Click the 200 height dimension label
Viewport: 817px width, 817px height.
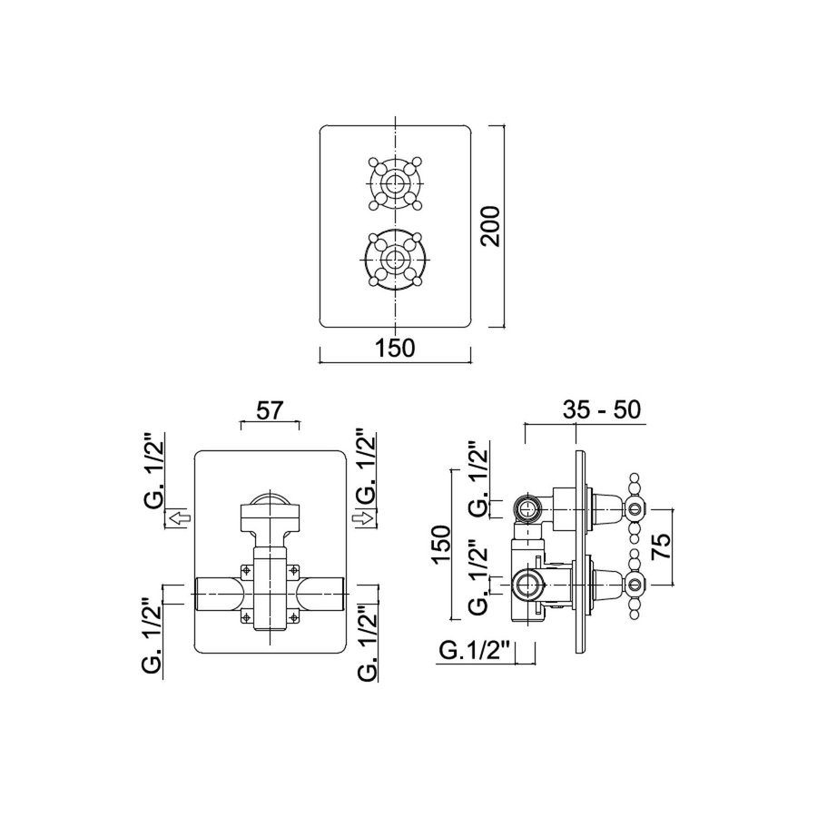[x=491, y=227]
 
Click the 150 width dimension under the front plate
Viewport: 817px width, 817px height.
[x=395, y=348]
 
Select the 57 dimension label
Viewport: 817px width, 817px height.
[x=270, y=410]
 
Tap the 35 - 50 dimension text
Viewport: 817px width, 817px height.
[x=601, y=410]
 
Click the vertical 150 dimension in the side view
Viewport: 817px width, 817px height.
[x=441, y=546]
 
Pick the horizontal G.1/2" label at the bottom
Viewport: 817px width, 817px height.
[x=474, y=651]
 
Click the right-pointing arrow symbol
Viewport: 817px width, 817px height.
[x=362, y=518]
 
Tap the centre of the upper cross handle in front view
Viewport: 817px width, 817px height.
[x=395, y=182]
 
